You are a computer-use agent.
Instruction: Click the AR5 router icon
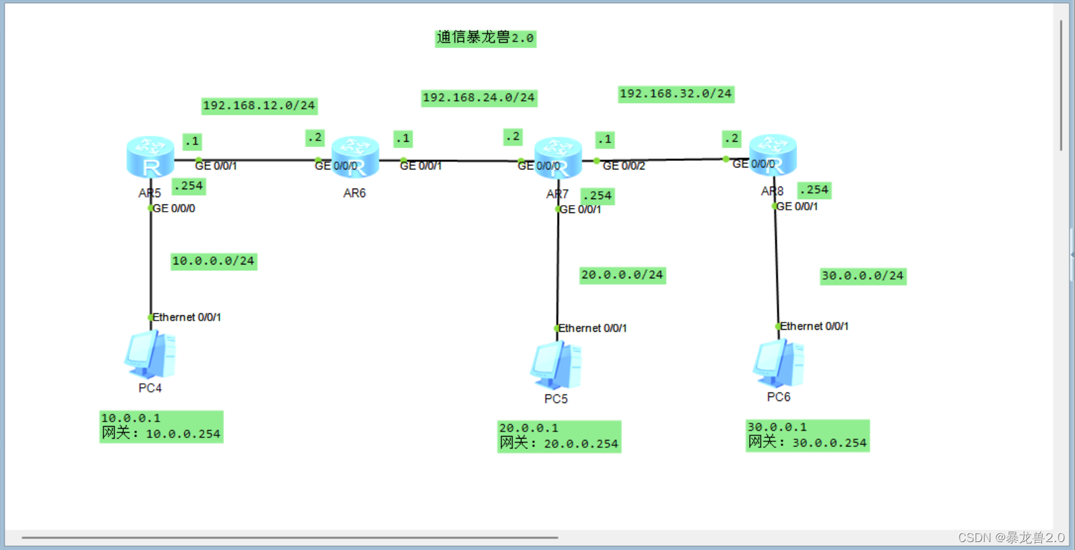coord(150,157)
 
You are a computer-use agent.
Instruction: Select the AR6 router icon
coord(355,157)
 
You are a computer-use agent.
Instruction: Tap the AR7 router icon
coord(558,158)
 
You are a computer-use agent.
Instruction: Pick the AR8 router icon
coord(773,155)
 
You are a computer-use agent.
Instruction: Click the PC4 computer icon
coord(150,354)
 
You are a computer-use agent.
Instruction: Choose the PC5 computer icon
coord(556,365)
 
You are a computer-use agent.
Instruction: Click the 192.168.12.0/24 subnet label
coord(259,106)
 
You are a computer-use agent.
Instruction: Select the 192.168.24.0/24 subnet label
coord(478,98)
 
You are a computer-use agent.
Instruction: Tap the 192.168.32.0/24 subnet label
coord(676,94)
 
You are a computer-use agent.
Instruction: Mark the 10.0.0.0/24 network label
coord(213,261)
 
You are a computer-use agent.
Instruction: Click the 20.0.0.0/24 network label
coord(622,275)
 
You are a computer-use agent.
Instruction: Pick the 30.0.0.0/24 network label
coord(863,276)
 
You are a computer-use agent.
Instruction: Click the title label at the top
coord(485,38)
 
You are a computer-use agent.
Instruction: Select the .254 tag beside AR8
coord(814,190)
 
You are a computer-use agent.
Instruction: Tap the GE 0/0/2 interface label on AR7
coord(624,166)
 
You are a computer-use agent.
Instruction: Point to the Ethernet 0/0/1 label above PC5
coord(593,328)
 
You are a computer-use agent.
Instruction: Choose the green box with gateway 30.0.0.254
coord(807,436)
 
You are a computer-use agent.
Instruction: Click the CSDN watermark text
coord(1011,537)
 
